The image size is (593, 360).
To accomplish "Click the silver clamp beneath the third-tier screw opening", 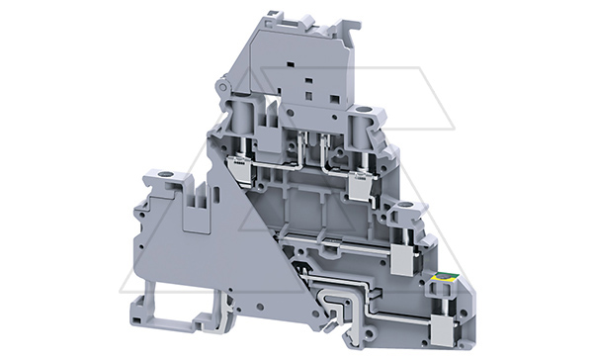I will click(x=403, y=257).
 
